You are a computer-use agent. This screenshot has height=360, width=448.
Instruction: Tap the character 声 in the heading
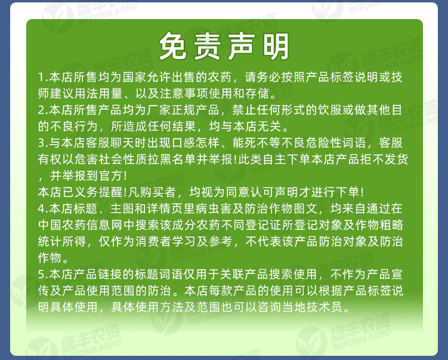(x=244, y=47)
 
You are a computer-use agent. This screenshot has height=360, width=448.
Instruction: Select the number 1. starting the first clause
(x=42, y=78)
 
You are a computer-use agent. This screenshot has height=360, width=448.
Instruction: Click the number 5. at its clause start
(x=42, y=275)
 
